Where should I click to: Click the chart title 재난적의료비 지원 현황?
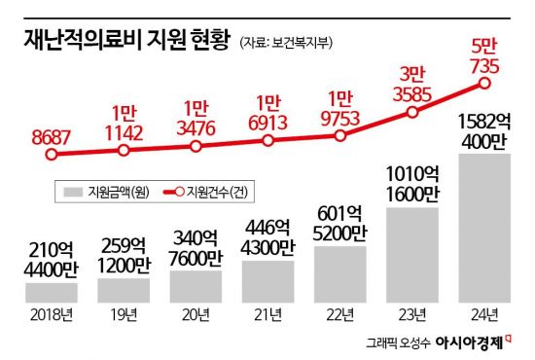click(120, 42)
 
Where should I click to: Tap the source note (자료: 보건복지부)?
click(287, 43)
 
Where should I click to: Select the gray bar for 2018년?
click(52, 292)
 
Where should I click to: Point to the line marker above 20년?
click(196, 146)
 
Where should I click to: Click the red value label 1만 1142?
click(124, 121)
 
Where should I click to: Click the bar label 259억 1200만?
click(124, 257)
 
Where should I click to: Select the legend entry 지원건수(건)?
click(206, 192)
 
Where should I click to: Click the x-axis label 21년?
click(267, 314)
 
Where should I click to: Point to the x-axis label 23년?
click(411, 314)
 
